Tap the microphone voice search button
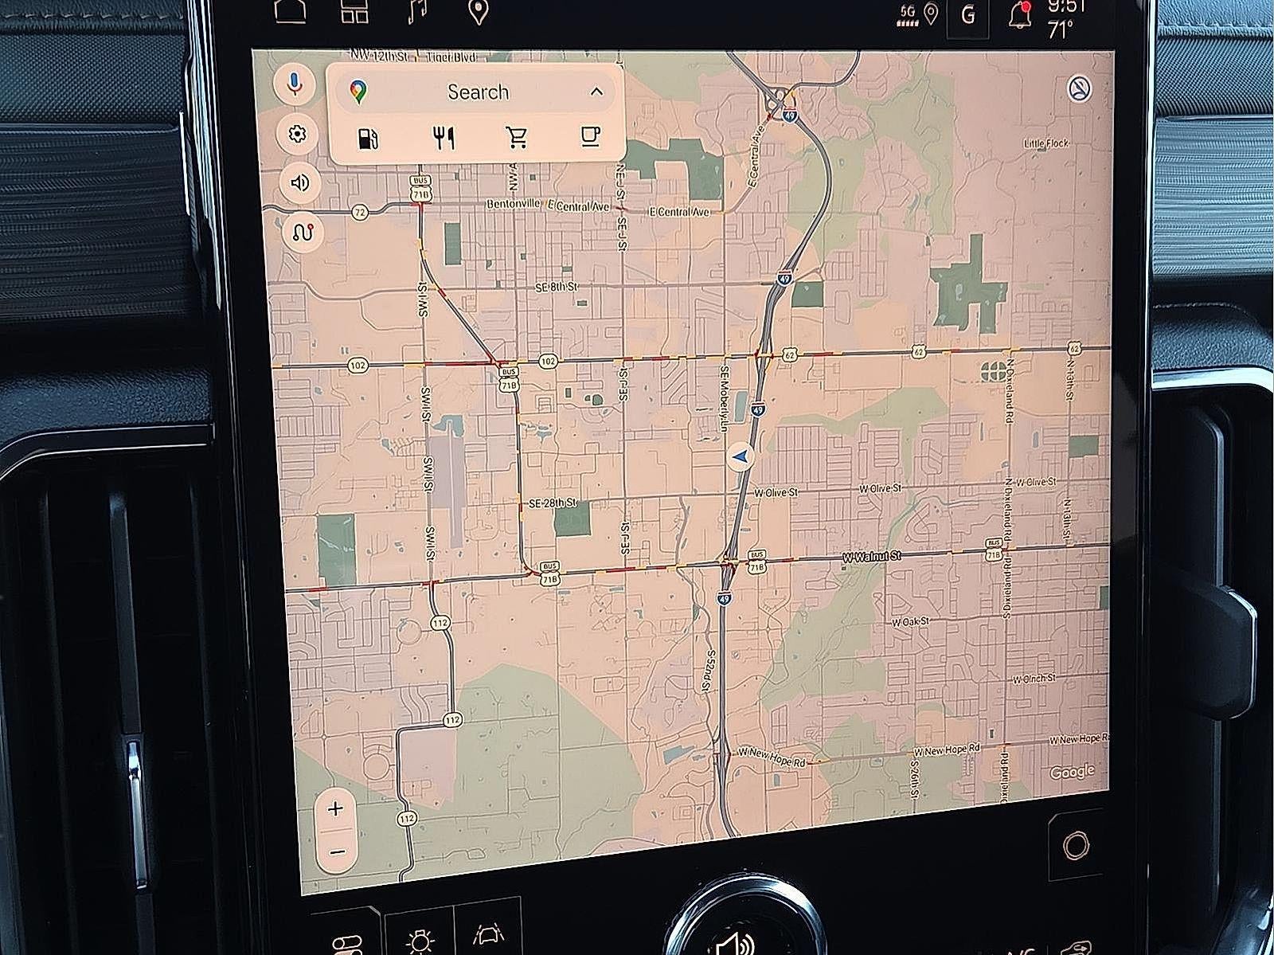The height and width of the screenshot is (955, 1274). [x=295, y=82]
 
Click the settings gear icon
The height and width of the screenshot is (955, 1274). [x=297, y=133]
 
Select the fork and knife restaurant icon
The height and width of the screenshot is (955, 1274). [x=444, y=138]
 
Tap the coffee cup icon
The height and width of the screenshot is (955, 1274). [x=589, y=135]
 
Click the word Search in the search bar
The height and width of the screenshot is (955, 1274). [x=478, y=92]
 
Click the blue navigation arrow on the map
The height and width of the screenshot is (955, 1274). [x=741, y=457]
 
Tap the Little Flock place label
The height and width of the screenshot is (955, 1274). [x=1046, y=143]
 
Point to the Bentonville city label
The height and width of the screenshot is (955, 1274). [x=514, y=205]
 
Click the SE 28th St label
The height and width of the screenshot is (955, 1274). [x=553, y=504]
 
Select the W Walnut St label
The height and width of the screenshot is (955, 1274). [x=871, y=556]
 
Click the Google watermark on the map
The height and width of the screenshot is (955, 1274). [x=1072, y=771]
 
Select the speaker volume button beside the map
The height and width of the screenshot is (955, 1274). [x=299, y=182]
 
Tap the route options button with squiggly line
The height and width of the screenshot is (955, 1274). [x=303, y=233]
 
